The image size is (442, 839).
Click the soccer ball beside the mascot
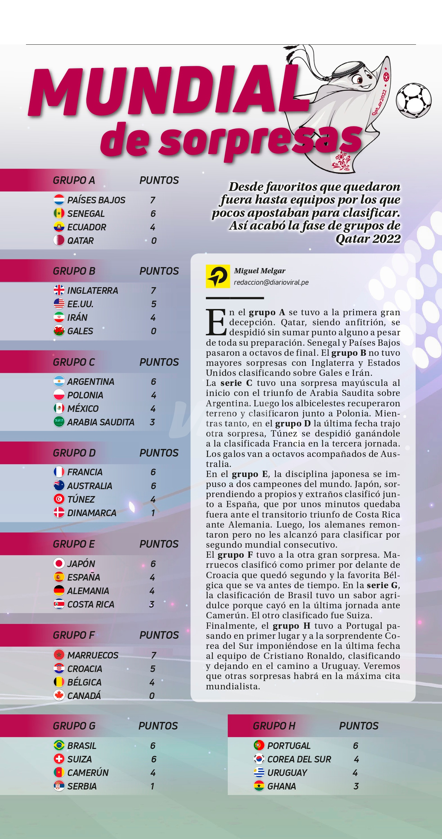[x=414, y=100]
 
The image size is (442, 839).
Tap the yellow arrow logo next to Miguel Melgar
[x=218, y=276]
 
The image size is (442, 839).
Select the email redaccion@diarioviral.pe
[x=271, y=282]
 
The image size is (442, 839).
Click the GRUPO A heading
[x=74, y=180]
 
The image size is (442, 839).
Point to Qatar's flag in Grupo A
[x=59, y=240]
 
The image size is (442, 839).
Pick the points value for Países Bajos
[x=153, y=200]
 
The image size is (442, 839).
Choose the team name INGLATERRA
[x=93, y=291]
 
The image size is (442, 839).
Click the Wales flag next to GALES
[x=59, y=331]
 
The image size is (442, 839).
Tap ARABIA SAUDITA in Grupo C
[x=101, y=422]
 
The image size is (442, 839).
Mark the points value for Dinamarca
[x=153, y=513]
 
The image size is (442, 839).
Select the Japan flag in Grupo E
[x=59, y=564]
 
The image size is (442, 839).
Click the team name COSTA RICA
[x=90, y=604]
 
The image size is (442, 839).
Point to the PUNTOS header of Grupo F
[x=159, y=635]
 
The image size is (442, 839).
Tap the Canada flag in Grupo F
[x=59, y=696]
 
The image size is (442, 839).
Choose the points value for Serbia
[x=152, y=786]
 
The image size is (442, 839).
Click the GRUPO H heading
[x=274, y=726]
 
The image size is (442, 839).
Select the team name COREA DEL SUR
[x=299, y=759]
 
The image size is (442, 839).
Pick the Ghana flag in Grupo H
[x=259, y=786]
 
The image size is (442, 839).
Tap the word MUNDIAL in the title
[x=166, y=92]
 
